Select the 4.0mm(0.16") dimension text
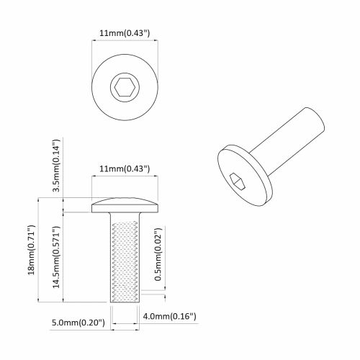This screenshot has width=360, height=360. [x=170, y=316]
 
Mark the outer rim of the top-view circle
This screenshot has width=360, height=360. [x=94, y=88]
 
